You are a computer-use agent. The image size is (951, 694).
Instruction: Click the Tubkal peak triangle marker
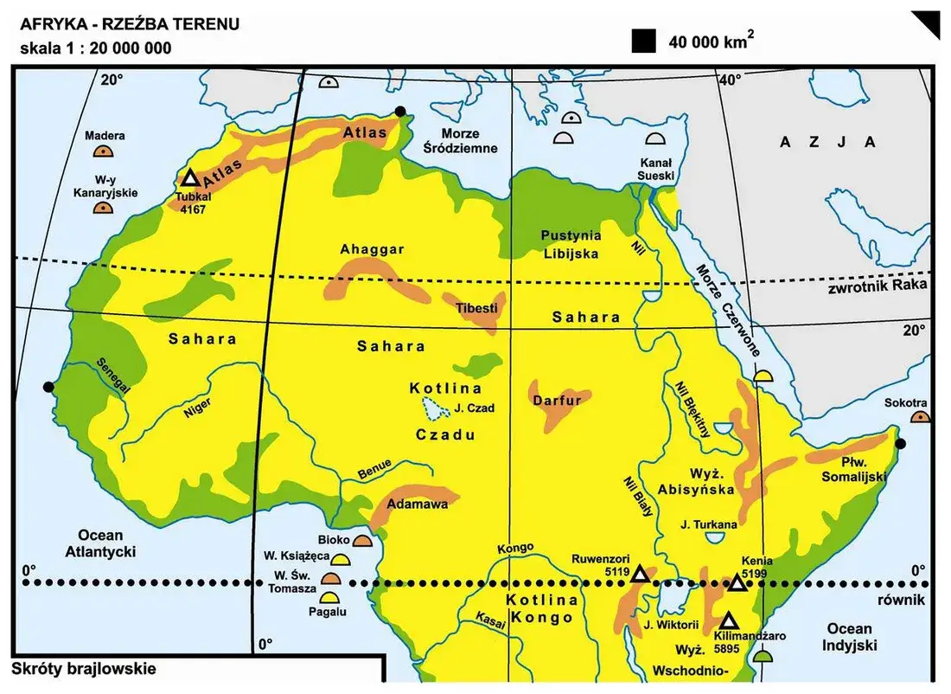coord(190,179)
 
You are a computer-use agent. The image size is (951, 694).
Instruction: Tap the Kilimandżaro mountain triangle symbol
coord(729,621)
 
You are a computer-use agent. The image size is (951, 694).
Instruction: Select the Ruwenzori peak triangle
coord(639,575)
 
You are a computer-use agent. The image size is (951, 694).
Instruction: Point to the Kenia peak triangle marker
coord(737,582)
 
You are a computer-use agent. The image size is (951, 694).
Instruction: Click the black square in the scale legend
coord(643,41)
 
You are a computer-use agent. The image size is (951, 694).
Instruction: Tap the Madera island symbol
coord(105,151)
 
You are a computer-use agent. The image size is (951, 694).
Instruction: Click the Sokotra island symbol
coord(921,417)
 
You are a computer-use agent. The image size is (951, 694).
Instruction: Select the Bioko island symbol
coord(363,540)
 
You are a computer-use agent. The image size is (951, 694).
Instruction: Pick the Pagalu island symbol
coord(329,597)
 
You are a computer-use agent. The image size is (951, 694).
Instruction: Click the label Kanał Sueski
coord(654,170)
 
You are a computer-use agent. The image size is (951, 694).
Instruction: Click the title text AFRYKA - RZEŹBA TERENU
coord(130,24)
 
